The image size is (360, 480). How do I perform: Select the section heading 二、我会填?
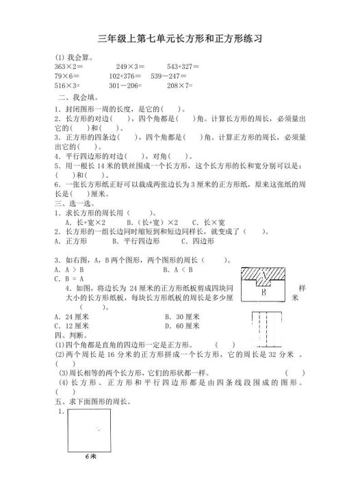coord(75,97)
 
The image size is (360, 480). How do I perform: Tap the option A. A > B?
coord(69,269)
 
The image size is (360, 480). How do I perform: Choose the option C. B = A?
coord(68,279)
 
